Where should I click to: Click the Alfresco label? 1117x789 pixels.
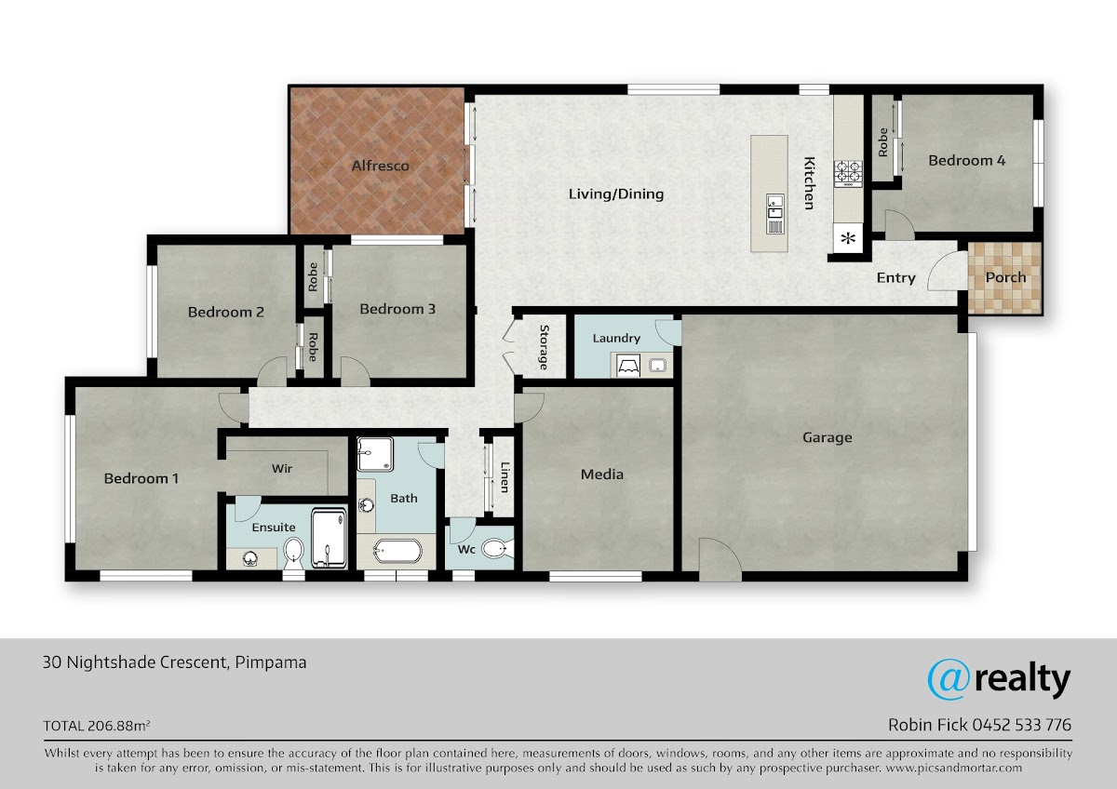click(x=380, y=166)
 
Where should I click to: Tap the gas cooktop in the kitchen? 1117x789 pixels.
click(x=848, y=173)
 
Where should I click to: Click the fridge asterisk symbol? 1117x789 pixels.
click(x=848, y=238)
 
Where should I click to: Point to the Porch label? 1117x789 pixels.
click(x=1005, y=277)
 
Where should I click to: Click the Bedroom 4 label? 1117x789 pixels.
click(x=966, y=160)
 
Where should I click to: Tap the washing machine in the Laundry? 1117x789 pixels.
click(x=627, y=366)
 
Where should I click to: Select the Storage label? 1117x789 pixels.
click(x=544, y=347)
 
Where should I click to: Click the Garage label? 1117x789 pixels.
click(x=827, y=437)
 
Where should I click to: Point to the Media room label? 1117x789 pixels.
click(x=602, y=474)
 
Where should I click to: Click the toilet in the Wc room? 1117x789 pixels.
click(x=497, y=549)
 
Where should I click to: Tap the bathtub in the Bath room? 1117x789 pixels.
click(x=397, y=551)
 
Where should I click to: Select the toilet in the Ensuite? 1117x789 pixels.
click(x=293, y=554)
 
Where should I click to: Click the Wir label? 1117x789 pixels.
click(x=282, y=469)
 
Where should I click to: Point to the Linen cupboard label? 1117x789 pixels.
click(x=505, y=477)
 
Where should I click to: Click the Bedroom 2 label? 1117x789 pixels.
click(x=225, y=313)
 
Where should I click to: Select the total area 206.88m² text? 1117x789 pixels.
click(x=119, y=725)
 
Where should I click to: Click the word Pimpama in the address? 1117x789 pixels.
click(x=271, y=662)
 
